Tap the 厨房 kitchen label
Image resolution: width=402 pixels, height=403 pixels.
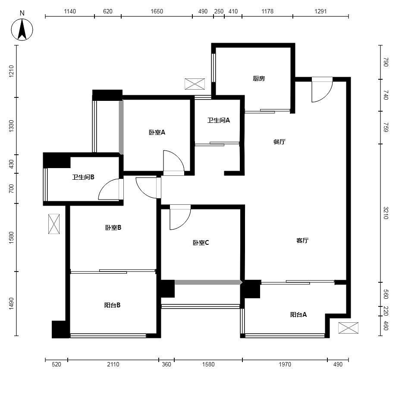(x=259, y=78)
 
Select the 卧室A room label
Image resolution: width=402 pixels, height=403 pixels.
(x=157, y=132)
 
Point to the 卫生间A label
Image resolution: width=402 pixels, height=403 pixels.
(x=219, y=120)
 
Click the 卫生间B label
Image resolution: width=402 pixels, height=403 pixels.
(x=83, y=177)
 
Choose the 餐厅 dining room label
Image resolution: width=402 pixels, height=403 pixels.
(x=280, y=142)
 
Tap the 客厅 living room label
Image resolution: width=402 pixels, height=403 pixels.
(x=302, y=241)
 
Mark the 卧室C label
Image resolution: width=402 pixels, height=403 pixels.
(x=201, y=243)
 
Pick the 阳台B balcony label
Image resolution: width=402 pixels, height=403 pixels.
(x=113, y=305)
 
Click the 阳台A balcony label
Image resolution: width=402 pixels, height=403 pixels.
(x=298, y=315)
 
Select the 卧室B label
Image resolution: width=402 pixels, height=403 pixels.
(x=113, y=228)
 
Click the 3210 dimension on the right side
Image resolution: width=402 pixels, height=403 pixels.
(x=385, y=213)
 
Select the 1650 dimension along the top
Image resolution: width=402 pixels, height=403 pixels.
(x=157, y=11)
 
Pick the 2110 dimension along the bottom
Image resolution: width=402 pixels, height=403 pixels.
(x=113, y=364)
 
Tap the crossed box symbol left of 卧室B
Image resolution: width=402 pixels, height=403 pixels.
(x=54, y=224)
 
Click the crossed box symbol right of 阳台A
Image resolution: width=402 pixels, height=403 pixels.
(x=348, y=328)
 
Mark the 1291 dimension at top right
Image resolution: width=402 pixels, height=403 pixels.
(x=320, y=11)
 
